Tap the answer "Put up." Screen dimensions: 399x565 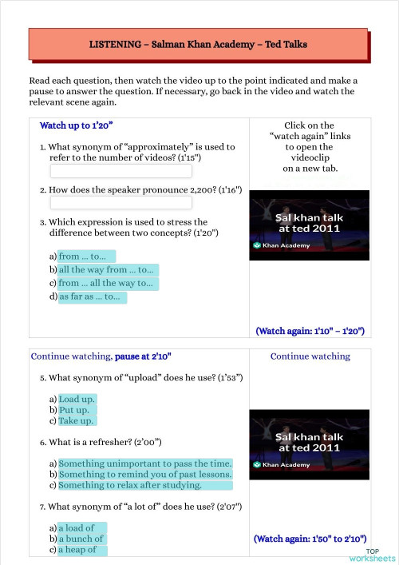[x=77, y=410]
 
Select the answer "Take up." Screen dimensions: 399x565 [x=77, y=421]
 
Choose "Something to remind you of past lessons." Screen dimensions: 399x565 [x=145, y=475]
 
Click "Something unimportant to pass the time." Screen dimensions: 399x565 [x=145, y=464]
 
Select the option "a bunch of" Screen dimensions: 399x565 [x=82, y=539]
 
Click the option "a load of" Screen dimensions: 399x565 [x=78, y=528]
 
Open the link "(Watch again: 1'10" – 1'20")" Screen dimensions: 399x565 [x=310, y=330]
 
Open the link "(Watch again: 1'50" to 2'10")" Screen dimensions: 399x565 [x=310, y=539]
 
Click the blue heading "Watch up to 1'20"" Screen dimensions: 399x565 [x=77, y=126]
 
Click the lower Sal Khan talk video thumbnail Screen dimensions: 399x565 [x=310, y=444]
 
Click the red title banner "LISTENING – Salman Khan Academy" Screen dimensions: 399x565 [x=198, y=45]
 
